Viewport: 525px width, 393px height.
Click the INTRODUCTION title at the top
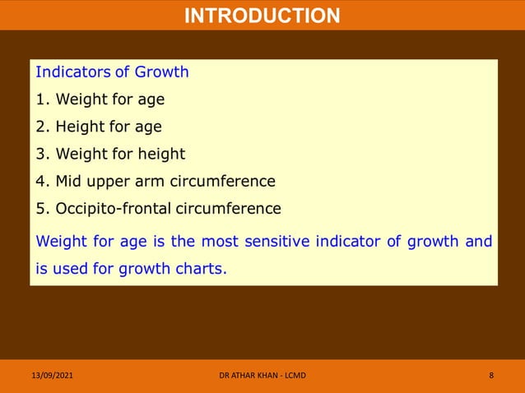(x=262, y=16)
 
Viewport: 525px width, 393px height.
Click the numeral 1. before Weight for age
(x=44, y=99)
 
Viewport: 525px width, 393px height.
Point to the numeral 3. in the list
(x=44, y=154)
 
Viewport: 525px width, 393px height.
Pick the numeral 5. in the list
(x=44, y=208)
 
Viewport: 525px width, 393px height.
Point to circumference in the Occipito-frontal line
(x=228, y=208)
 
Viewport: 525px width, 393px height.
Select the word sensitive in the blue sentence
(x=244, y=241)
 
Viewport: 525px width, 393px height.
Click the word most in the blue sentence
(x=184, y=241)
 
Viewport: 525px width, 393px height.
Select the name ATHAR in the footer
(x=249, y=376)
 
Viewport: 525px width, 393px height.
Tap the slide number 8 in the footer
(x=491, y=376)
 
